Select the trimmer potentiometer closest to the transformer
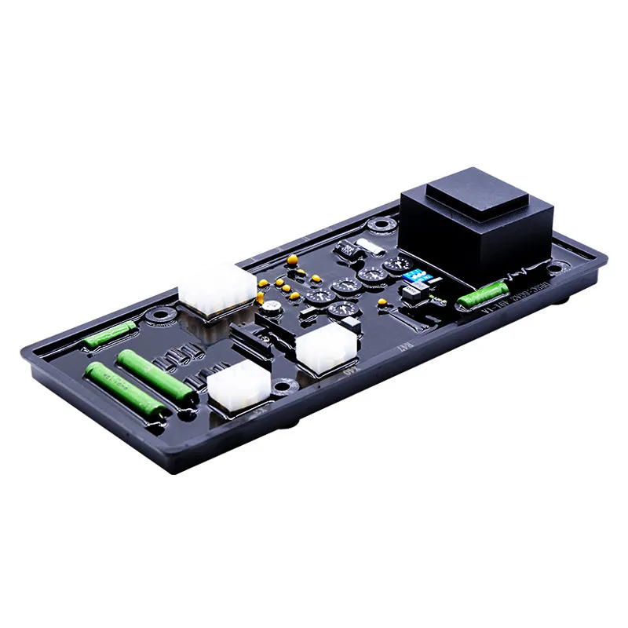371,276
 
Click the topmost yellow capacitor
291,257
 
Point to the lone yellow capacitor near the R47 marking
382,301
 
